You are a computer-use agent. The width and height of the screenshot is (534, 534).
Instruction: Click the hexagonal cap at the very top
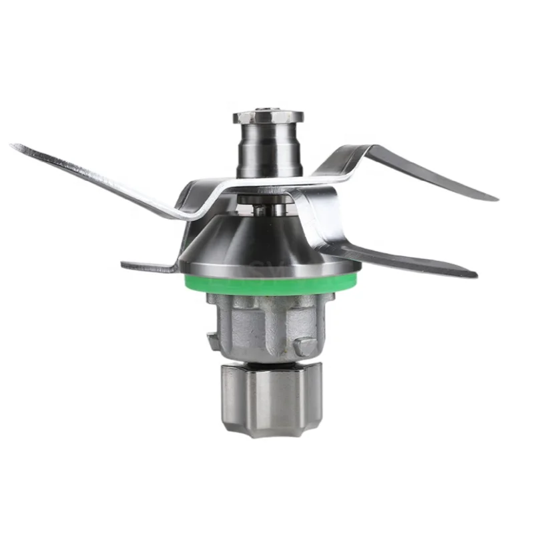[x=268, y=117]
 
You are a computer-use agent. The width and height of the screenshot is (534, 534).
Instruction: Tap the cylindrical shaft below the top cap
[x=267, y=150]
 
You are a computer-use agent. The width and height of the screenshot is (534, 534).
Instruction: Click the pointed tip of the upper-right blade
[x=494, y=198]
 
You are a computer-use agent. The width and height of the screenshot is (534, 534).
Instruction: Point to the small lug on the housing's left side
[x=212, y=340]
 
